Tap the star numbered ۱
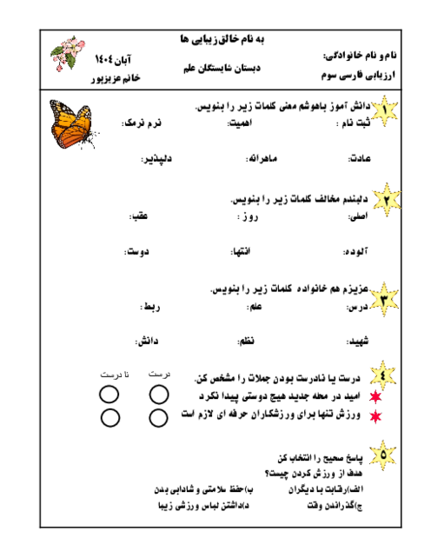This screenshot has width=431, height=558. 385,109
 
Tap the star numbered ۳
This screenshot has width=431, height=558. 385,296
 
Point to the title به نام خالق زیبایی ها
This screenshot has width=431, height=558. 212,40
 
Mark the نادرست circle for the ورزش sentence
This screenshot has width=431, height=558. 110,416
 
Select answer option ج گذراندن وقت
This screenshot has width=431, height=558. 330,504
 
